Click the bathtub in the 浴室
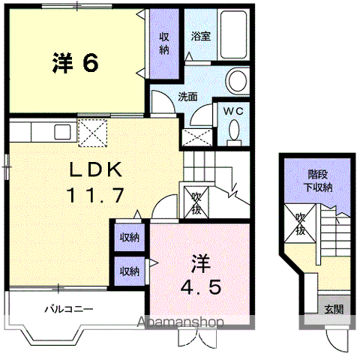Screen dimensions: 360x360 click(233, 34)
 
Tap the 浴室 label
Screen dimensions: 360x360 click(200, 36)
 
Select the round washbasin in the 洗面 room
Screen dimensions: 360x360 click(237, 80)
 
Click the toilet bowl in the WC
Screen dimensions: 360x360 click(234, 130)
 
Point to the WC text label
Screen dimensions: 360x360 click(233, 111)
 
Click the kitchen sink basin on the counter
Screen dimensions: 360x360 click(62, 132)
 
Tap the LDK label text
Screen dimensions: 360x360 click(96, 169)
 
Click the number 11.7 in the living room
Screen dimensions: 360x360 click(95, 195)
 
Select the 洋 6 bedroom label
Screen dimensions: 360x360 click(76, 62)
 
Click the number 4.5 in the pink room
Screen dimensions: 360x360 click(201, 287)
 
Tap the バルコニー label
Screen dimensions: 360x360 click(69, 309)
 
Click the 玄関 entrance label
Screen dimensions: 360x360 click(334, 309)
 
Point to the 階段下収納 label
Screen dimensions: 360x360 click(318, 181)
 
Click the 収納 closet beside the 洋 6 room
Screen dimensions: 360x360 click(164, 43)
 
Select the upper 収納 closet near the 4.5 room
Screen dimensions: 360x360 click(129, 238)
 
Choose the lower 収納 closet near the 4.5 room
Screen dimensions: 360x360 click(129, 271)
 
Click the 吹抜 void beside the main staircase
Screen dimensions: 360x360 click(196, 202)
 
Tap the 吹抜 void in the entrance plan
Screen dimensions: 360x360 click(300, 223)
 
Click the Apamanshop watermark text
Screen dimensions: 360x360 click(180, 322)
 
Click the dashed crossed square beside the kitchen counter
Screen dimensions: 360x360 click(93, 133)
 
